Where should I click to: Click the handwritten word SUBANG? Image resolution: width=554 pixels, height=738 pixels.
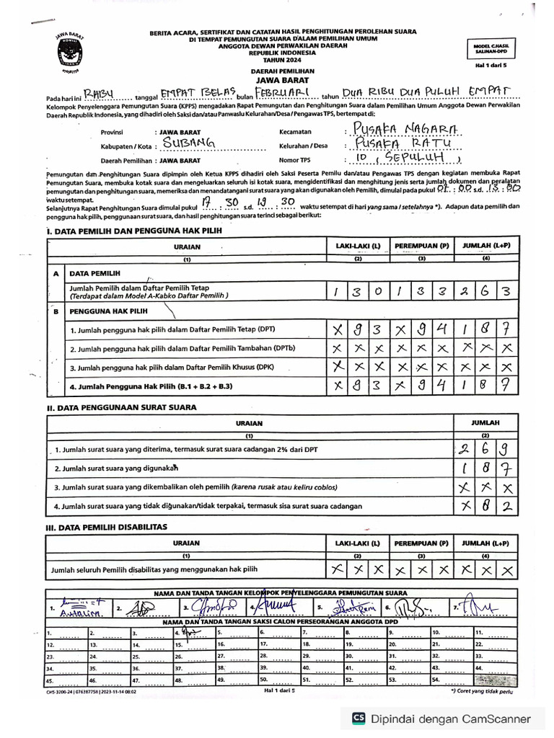pyautogui.click(x=186, y=144)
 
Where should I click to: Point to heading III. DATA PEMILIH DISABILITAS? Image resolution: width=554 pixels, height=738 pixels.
pyautogui.click(x=106, y=527)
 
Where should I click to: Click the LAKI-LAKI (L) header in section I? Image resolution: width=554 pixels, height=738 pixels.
pyautogui.click(x=358, y=246)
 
